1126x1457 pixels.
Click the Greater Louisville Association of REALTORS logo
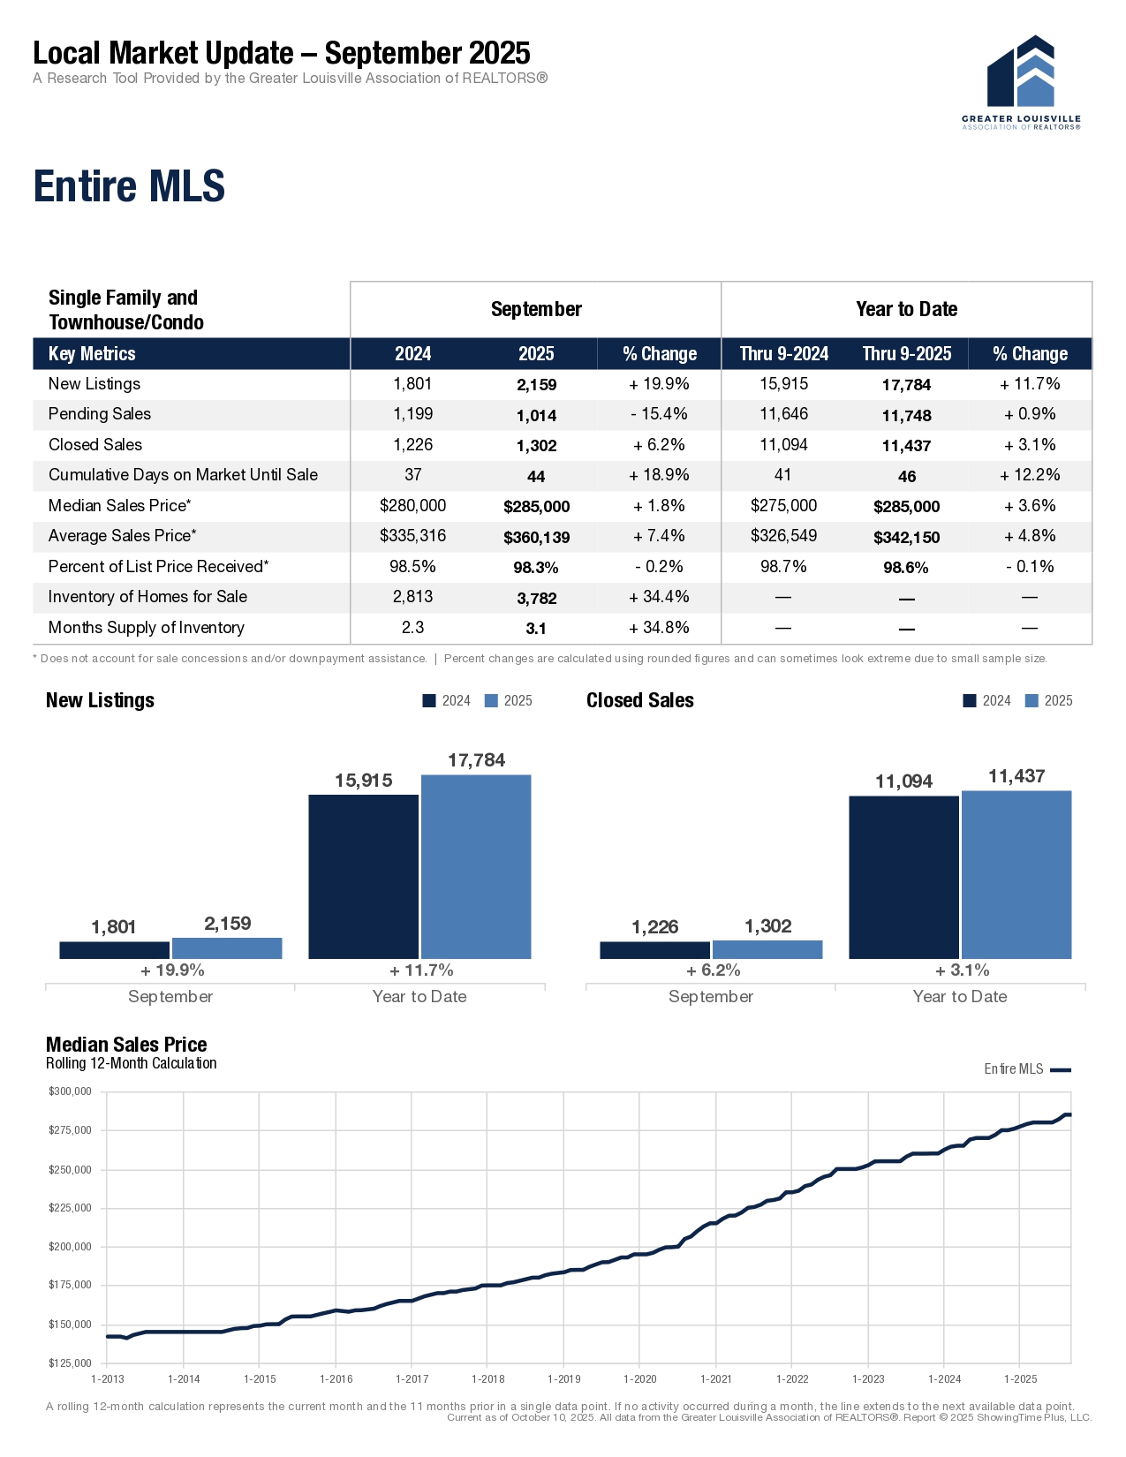[x=1021, y=82]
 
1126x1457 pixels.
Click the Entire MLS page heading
[x=129, y=186]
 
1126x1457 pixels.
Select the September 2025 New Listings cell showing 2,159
[x=536, y=385]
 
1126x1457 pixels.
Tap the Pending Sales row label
[x=100, y=414]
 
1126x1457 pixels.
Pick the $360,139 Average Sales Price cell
[x=536, y=537]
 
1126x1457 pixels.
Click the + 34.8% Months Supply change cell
[x=659, y=628]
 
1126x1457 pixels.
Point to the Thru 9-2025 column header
[x=906, y=354]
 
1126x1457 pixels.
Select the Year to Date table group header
[x=906, y=309]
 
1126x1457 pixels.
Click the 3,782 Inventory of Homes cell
[x=536, y=599]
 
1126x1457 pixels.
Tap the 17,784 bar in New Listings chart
[x=476, y=865]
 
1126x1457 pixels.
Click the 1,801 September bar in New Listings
[x=114, y=949]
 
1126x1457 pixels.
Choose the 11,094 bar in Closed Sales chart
[x=903, y=876]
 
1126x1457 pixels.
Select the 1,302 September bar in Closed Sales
[x=767, y=949]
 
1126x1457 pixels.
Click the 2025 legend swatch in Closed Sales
[x=1032, y=701]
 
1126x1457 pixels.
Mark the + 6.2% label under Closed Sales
[x=713, y=970]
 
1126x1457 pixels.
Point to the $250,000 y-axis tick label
[x=70, y=1170]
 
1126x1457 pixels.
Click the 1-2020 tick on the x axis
[x=640, y=1378]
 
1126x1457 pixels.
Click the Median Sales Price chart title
[x=126, y=1045]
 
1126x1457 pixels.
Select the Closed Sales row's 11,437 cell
[x=906, y=446]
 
